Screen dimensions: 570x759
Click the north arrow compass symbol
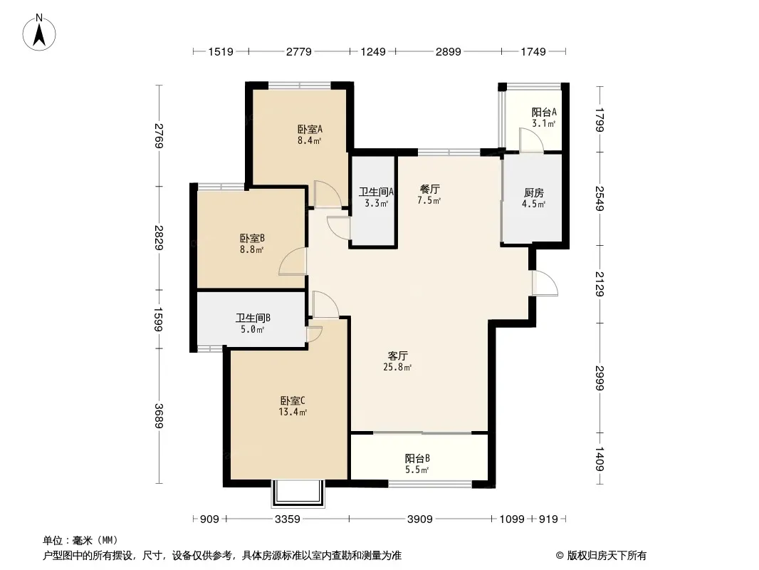click(41, 31)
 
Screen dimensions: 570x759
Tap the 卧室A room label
click(310, 130)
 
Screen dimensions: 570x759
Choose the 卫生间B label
click(253, 318)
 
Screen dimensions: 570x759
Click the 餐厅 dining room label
click(429, 190)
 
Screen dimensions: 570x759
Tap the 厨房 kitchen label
click(534, 193)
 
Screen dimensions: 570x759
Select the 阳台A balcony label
click(544, 112)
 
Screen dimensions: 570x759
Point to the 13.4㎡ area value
click(293, 412)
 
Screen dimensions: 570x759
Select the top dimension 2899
click(449, 51)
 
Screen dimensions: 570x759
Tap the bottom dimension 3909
click(420, 519)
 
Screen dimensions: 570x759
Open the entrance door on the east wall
click(545, 283)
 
